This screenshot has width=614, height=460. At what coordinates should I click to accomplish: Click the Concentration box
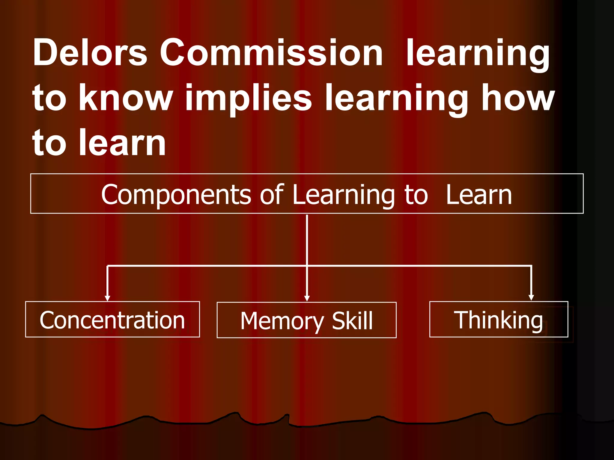(112, 319)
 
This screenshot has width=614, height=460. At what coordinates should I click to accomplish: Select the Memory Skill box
(306, 320)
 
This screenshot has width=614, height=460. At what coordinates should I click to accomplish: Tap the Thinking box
(499, 319)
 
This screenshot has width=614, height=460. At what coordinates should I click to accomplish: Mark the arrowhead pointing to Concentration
(107, 298)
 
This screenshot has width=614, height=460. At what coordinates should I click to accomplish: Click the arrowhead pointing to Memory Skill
(307, 298)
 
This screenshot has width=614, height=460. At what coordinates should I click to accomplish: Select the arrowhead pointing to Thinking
(531, 298)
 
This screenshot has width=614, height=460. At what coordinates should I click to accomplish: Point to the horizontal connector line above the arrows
(210, 266)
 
